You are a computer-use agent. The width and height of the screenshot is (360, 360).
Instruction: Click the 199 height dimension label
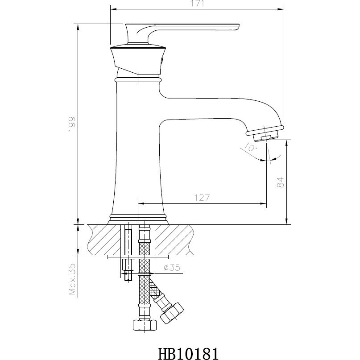coord(72,123)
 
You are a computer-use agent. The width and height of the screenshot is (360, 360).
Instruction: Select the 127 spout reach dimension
coord(201,197)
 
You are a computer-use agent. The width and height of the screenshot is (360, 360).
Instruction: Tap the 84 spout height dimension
coord(280,182)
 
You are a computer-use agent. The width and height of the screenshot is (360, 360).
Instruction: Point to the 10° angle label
coord(251,148)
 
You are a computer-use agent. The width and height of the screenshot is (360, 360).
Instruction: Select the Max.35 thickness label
coord(72,279)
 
